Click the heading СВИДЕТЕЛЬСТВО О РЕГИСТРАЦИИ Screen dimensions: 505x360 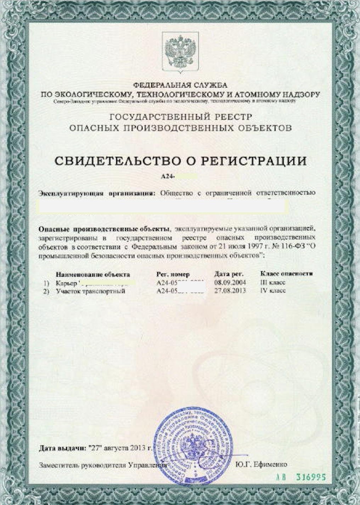pos(180,161)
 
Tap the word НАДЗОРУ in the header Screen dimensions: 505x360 pos(301,95)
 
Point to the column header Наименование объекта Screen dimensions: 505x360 pos(93,274)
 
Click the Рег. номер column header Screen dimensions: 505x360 pos(173,274)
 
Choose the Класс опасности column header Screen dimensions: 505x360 pos(286,274)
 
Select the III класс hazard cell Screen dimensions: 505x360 pos(273,283)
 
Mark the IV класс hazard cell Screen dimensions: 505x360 pos(273,291)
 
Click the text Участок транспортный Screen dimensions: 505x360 pos(90,291)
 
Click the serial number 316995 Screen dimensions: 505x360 pos(311,477)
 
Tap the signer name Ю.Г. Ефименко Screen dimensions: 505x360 pos(261,465)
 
